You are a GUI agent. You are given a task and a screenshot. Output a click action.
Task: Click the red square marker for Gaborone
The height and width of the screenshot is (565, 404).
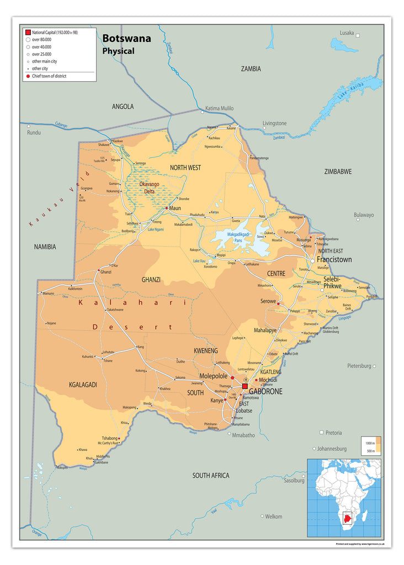coord(245,386)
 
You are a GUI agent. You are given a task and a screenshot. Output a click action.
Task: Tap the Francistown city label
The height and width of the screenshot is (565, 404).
coord(334,259)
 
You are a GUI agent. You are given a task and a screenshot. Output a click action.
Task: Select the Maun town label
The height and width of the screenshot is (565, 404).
coord(175,208)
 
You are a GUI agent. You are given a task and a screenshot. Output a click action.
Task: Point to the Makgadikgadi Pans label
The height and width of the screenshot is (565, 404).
coord(238,238)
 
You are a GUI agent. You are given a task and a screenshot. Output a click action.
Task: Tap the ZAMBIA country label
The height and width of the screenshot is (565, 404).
coord(251,69)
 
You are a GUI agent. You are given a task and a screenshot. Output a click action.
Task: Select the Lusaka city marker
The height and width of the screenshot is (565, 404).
coord(358,35)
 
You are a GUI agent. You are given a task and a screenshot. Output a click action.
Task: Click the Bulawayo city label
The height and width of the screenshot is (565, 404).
coord(364,215)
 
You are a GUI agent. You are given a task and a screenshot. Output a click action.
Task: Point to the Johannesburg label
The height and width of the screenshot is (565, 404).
coord(332,449)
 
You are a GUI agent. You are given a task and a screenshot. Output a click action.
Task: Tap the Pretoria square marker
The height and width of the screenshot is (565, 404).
coord(322,433)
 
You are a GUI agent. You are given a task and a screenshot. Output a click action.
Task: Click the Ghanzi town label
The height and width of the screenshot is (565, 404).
coord(106,271)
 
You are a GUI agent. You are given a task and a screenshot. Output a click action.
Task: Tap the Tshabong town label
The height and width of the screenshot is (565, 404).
coord(110,438)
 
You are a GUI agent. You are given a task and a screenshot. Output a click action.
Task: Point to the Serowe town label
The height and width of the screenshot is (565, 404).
coord(268,301)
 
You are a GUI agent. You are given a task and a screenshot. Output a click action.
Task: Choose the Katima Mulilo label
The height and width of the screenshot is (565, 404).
coord(220,108)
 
